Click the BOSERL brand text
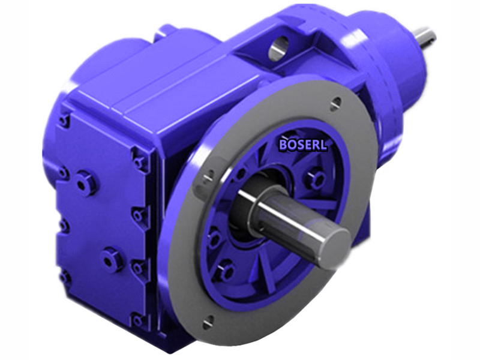coord(303,144)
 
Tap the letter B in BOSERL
coord(283,144)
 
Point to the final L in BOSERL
coord(323,145)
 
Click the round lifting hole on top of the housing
coord(278,49)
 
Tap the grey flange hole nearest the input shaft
coord(336,103)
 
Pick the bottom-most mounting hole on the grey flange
coord(208,322)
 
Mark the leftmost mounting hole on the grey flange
coord(208,176)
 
